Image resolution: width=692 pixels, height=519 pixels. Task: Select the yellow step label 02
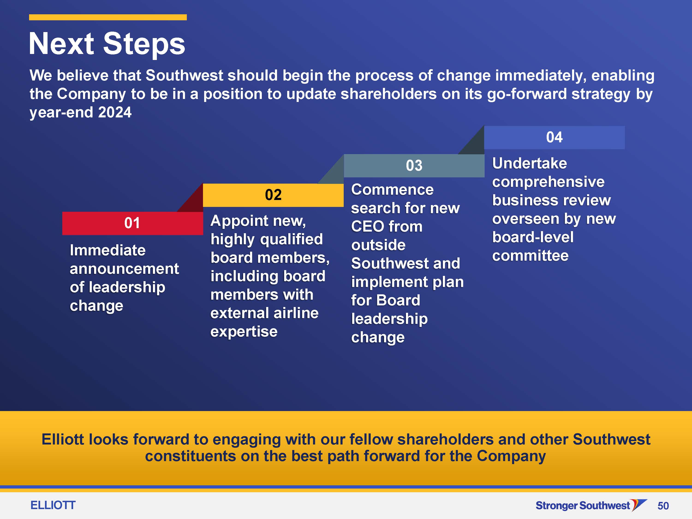pyautogui.click(x=273, y=195)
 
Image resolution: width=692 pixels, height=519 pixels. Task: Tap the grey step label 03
pyautogui.click(x=414, y=165)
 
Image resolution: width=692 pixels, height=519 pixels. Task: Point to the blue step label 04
pyautogui.click(x=554, y=137)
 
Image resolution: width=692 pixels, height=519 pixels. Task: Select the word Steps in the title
pyautogui.click(x=144, y=45)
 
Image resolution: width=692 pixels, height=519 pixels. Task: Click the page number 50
pyautogui.click(x=663, y=506)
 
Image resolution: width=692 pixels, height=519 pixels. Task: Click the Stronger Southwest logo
pyautogui.click(x=591, y=505)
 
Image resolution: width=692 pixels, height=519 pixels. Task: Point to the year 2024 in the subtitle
pyautogui.click(x=115, y=112)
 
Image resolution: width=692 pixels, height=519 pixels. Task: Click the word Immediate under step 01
pyautogui.click(x=108, y=250)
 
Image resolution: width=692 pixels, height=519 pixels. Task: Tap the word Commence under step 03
pyautogui.click(x=392, y=190)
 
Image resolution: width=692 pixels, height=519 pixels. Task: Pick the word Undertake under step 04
pyautogui.click(x=529, y=163)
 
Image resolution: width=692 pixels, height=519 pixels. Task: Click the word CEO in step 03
pyautogui.click(x=367, y=227)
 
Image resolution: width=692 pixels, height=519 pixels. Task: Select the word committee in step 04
pyautogui.click(x=530, y=256)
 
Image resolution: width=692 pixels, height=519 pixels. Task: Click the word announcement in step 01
pyautogui.click(x=124, y=269)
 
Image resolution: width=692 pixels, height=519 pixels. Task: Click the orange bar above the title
pyautogui.click(x=108, y=17)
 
